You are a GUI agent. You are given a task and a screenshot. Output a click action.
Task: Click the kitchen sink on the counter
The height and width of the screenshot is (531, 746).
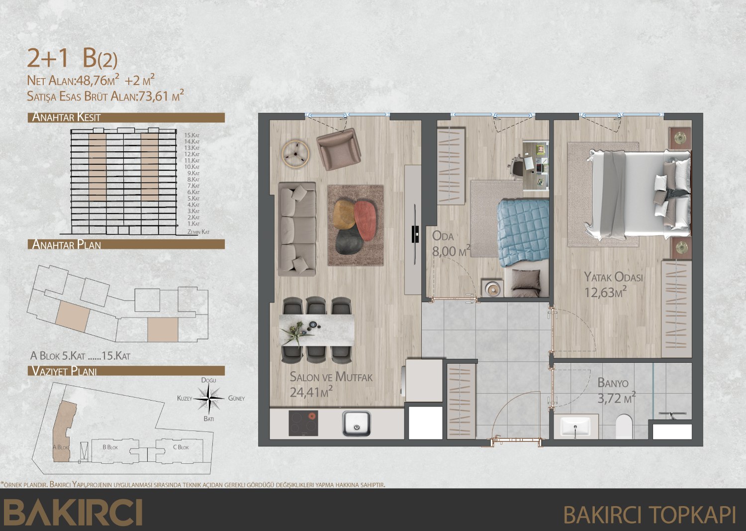357,424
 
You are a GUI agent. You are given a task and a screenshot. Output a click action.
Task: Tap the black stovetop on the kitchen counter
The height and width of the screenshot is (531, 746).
303,423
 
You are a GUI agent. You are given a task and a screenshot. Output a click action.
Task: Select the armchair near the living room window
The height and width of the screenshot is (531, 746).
339,149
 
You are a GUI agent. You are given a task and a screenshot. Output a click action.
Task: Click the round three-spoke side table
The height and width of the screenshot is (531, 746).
295,154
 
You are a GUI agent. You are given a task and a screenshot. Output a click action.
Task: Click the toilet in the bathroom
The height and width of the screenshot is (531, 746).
624,426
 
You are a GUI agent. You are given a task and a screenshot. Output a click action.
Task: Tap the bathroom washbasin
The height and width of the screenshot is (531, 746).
575,426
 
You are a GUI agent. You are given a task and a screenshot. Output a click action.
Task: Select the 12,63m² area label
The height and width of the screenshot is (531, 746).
605,292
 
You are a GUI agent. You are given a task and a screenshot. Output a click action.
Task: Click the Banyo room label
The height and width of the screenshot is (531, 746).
613,383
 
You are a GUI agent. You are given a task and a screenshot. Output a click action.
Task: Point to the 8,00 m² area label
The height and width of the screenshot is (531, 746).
451,251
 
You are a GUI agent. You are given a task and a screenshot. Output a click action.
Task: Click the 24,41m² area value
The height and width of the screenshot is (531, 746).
311,392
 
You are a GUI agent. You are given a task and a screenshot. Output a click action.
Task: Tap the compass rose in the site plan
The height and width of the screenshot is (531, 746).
208,398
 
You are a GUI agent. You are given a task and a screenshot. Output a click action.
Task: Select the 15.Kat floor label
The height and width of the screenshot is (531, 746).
192,135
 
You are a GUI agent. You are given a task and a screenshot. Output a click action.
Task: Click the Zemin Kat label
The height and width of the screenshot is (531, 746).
198,232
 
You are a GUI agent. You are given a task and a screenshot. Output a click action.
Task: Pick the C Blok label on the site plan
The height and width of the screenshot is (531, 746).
181,447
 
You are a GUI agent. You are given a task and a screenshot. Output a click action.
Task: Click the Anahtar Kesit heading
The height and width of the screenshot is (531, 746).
66,117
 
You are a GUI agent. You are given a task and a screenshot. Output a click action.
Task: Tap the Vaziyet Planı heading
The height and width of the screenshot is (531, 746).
64,371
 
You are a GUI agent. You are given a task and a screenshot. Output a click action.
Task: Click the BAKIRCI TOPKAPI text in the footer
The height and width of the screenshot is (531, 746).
649,515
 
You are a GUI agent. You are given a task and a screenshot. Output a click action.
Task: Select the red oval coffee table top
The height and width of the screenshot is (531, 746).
365,220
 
